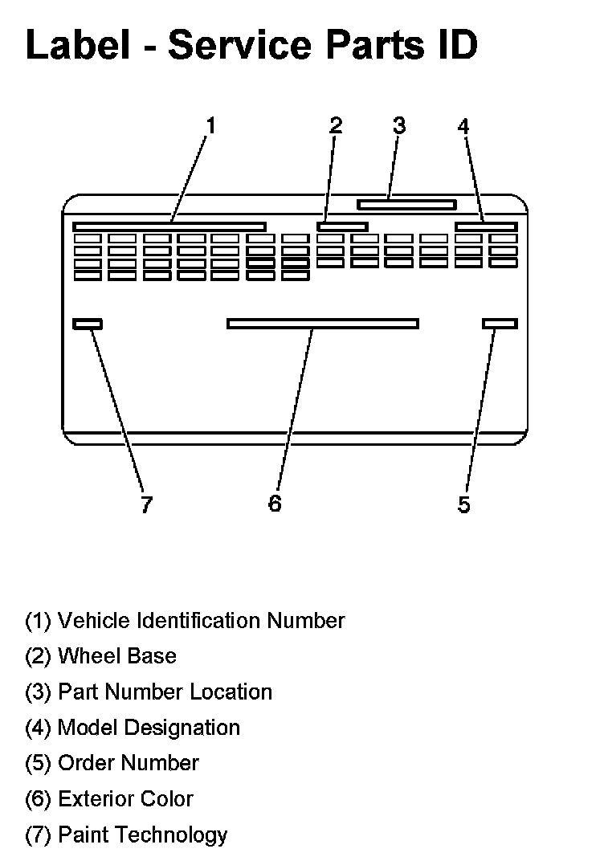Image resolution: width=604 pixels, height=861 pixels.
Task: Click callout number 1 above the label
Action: (x=210, y=126)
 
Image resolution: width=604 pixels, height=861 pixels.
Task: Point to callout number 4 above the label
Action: (x=463, y=126)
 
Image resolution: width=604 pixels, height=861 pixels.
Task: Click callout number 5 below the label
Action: (x=464, y=504)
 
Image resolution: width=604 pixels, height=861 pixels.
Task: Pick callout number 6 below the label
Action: (x=275, y=504)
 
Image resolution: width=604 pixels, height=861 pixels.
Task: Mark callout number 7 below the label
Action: (x=145, y=504)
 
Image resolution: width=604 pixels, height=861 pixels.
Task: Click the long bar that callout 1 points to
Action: (x=169, y=226)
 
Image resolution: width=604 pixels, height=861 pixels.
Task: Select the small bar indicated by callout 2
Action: (x=342, y=226)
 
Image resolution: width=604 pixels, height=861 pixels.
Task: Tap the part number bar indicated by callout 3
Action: (x=406, y=205)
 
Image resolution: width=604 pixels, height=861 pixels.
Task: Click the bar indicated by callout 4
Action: (x=486, y=226)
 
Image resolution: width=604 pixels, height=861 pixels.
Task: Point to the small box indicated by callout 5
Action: (x=500, y=324)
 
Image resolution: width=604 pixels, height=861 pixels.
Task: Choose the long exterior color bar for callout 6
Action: (x=323, y=324)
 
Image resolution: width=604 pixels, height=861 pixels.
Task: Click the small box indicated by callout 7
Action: (x=88, y=324)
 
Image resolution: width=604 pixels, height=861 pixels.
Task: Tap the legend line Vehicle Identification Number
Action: (x=185, y=621)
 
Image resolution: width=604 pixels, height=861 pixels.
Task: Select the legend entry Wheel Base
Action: (x=100, y=656)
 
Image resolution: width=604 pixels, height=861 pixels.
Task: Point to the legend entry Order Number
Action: (x=112, y=763)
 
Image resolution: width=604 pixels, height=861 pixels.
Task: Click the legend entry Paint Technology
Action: (x=126, y=834)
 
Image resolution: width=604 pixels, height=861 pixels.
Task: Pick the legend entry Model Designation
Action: (x=133, y=728)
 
